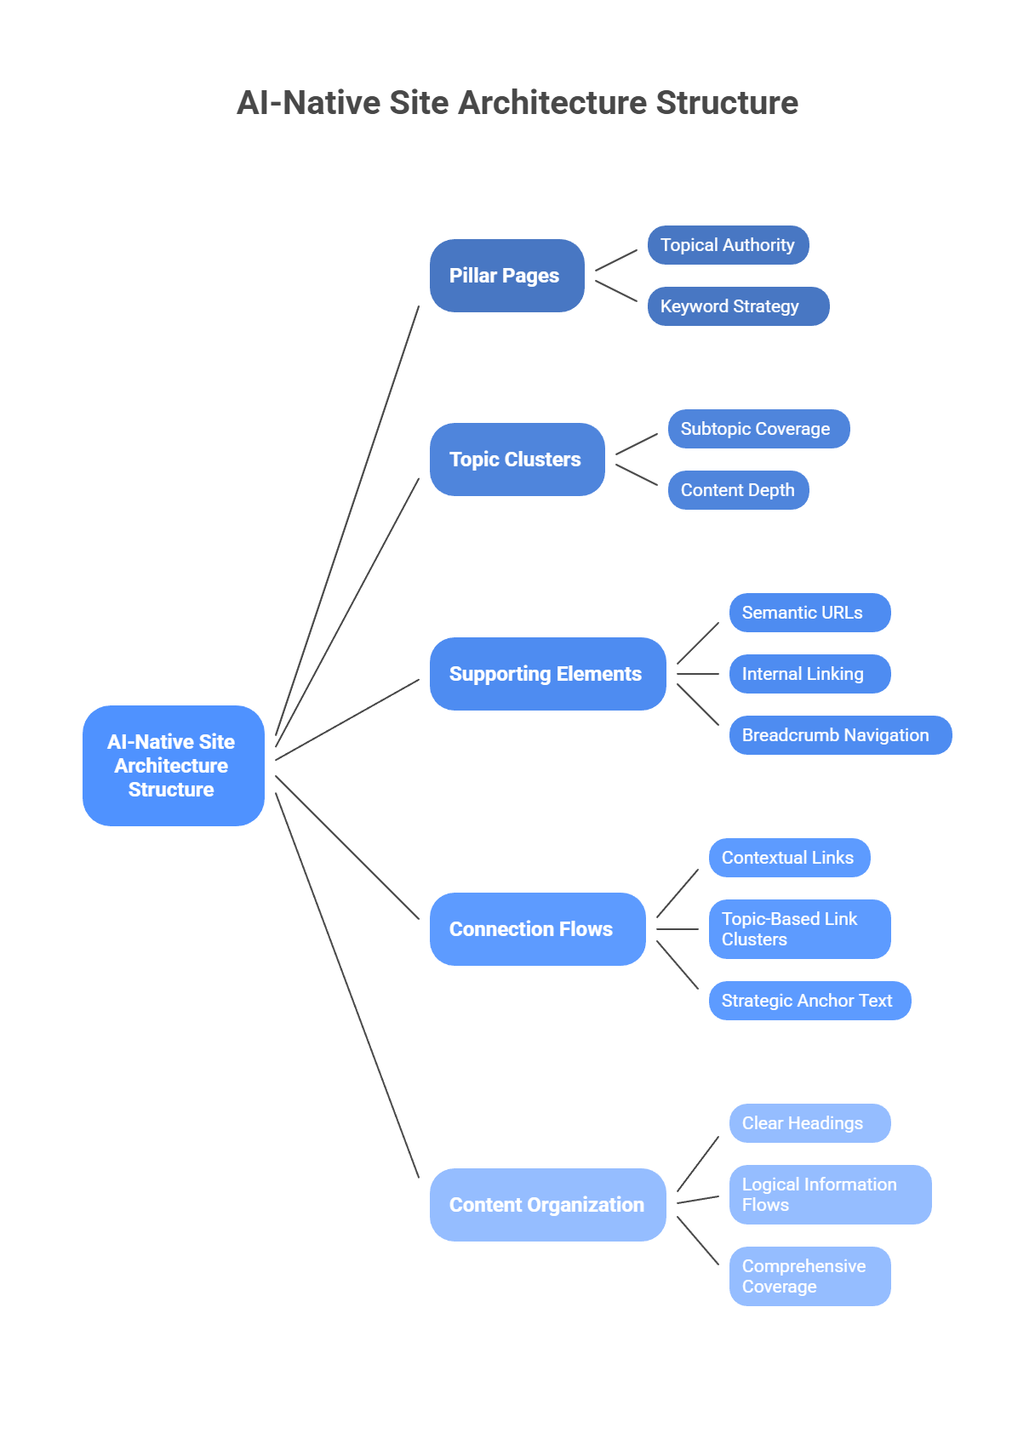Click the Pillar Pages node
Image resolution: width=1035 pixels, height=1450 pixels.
point(506,276)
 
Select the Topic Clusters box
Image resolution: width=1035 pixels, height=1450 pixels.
point(517,460)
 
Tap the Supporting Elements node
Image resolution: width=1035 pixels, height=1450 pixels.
point(547,674)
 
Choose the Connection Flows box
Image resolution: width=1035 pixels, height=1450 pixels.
point(537,929)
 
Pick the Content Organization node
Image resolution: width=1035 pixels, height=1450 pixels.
point(547,1205)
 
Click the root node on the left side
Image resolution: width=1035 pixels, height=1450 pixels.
point(173,766)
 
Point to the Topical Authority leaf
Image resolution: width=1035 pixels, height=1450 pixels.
point(728,245)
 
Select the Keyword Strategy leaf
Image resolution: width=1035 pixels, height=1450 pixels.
point(738,306)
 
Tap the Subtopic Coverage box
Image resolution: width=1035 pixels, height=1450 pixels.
point(758,429)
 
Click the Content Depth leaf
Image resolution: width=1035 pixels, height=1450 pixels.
point(738,490)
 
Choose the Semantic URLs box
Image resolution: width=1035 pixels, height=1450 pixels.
point(809,613)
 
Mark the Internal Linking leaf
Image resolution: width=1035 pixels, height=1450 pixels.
point(809,674)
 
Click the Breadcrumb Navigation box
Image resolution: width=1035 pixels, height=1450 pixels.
point(840,735)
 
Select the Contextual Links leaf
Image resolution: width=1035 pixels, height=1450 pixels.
point(789,858)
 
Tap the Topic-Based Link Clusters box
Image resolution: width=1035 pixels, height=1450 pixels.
point(799,929)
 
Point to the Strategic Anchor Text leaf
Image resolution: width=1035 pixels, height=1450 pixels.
point(809,1001)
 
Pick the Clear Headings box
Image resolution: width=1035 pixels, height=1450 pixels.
point(809,1123)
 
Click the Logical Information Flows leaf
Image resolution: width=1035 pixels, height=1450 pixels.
point(830,1195)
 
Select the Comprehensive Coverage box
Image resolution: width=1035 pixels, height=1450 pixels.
point(809,1276)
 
